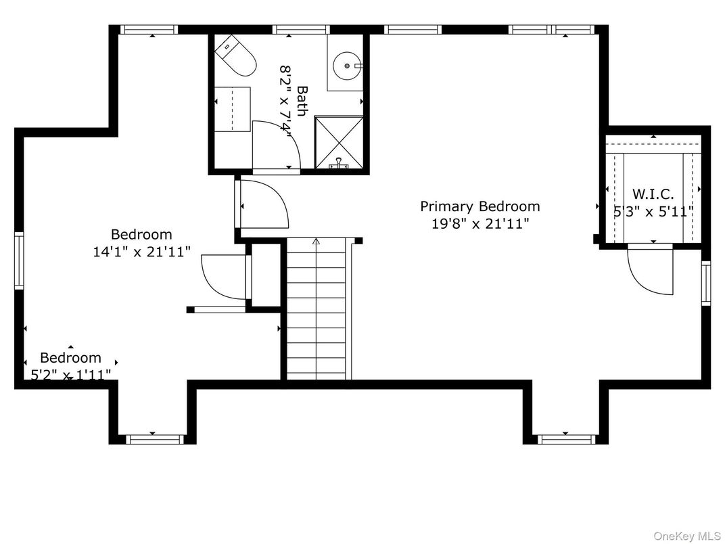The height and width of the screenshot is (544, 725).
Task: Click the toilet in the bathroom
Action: tap(235, 55)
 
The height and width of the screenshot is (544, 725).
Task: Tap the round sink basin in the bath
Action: tap(347, 66)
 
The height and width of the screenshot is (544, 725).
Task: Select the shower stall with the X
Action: tap(339, 143)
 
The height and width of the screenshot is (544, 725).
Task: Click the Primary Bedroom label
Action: tap(480, 206)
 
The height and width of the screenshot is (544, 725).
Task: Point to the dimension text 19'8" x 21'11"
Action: tap(480, 224)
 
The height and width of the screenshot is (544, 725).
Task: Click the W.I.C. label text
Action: tap(653, 194)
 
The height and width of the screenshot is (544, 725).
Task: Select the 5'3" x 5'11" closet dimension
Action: tap(653, 212)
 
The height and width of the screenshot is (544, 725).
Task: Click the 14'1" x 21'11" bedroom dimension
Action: tap(142, 252)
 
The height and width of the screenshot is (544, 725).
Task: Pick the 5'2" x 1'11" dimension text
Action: tap(71, 373)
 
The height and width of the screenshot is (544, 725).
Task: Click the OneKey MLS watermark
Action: tap(687, 536)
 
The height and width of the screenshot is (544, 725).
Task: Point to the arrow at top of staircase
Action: tap(317, 242)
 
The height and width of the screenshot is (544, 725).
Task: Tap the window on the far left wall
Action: tap(19, 260)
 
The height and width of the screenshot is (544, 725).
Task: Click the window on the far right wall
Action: tap(706, 283)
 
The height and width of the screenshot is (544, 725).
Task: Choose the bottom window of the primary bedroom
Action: tap(566, 439)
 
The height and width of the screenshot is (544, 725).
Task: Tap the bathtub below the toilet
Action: tap(233, 109)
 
